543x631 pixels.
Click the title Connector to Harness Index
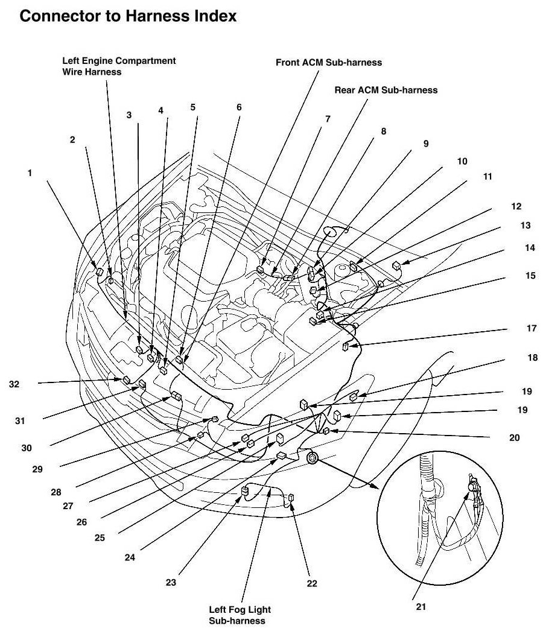tap(128, 16)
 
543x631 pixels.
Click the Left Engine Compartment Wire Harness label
tap(119, 66)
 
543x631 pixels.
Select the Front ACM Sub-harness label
tap(329, 62)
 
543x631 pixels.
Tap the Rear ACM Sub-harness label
tap(386, 90)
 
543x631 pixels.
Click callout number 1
tap(30, 172)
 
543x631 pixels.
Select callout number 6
tap(239, 107)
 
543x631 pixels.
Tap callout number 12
tap(516, 206)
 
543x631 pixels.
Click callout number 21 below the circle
tap(421, 607)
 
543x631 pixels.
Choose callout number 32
tap(14, 383)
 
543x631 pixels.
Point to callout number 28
tap(56, 492)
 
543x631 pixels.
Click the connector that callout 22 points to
tap(291, 497)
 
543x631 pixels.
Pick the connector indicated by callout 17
tap(346, 346)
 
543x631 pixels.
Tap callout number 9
tap(425, 144)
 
